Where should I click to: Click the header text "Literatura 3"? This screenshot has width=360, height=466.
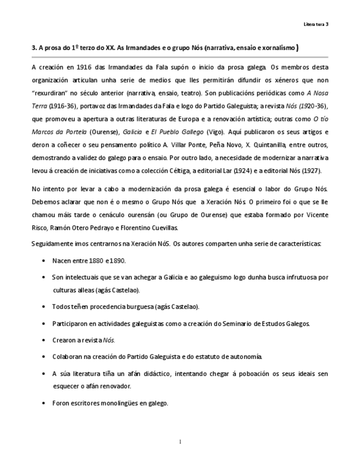316,24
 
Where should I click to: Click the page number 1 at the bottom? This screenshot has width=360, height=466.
180,441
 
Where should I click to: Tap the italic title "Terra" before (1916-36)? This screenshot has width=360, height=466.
40,106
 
